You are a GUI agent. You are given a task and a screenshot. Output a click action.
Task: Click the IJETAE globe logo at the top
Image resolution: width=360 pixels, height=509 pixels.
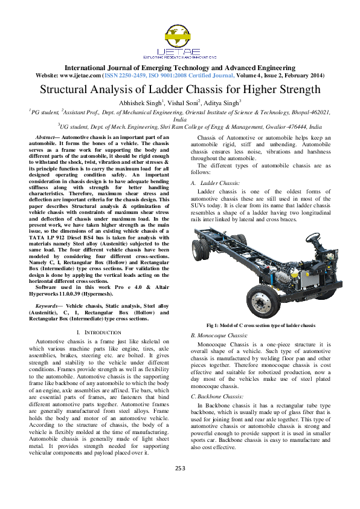pos(179,36)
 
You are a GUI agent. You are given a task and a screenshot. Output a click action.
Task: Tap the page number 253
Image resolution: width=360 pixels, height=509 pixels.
pos(180,485)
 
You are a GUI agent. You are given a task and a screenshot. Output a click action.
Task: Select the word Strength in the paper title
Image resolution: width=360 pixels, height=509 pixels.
pos(296,90)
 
